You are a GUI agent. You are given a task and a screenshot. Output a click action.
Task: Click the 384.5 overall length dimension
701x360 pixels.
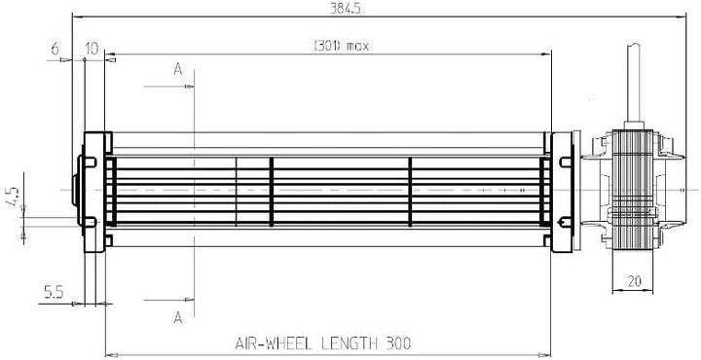tap(345, 9)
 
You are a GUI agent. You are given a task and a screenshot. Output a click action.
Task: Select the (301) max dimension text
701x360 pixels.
tap(342, 46)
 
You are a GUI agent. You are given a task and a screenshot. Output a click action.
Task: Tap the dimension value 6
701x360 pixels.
tap(55, 49)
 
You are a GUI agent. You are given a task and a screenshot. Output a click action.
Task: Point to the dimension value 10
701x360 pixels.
tap(92, 49)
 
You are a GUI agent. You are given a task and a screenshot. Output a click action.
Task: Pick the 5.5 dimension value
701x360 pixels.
tap(54, 292)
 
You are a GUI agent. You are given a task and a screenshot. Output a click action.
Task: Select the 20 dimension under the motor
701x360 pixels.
tap(634, 281)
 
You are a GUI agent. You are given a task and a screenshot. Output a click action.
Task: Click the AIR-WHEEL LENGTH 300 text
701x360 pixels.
tap(323, 343)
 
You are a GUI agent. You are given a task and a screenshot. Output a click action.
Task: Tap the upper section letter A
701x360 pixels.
tap(178, 69)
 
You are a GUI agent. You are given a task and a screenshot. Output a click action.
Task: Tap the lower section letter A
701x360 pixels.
tap(178, 317)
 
